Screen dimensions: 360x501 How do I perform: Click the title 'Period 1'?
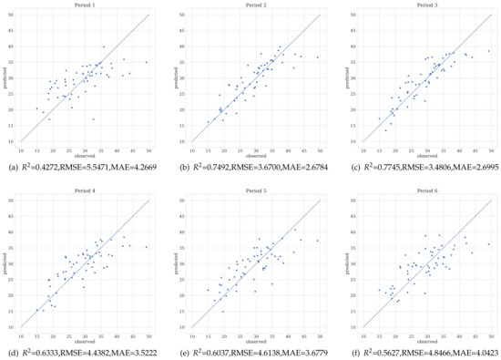point(83,5)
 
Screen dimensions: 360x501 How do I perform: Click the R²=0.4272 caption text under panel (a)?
point(45,166)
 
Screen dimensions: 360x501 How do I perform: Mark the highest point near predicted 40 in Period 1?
point(103,46)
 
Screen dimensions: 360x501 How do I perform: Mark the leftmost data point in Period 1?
point(36,108)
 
